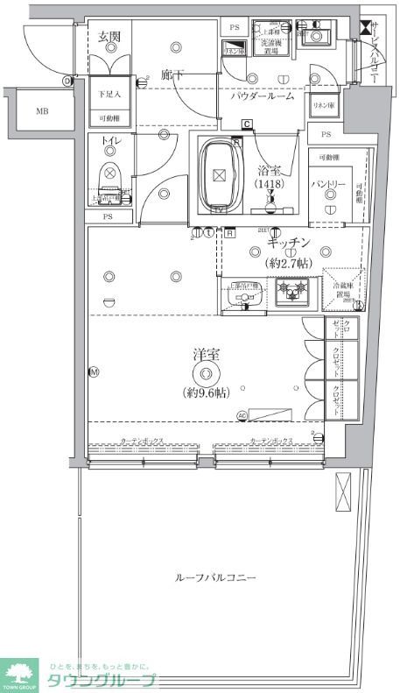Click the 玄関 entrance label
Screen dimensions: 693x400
[109, 37]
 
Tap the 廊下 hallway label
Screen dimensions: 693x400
[172, 75]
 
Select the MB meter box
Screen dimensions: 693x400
[42, 111]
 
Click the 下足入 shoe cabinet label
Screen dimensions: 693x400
[109, 92]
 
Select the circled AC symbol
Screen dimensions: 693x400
[241, 415]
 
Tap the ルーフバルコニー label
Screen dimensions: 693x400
[215, 579]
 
